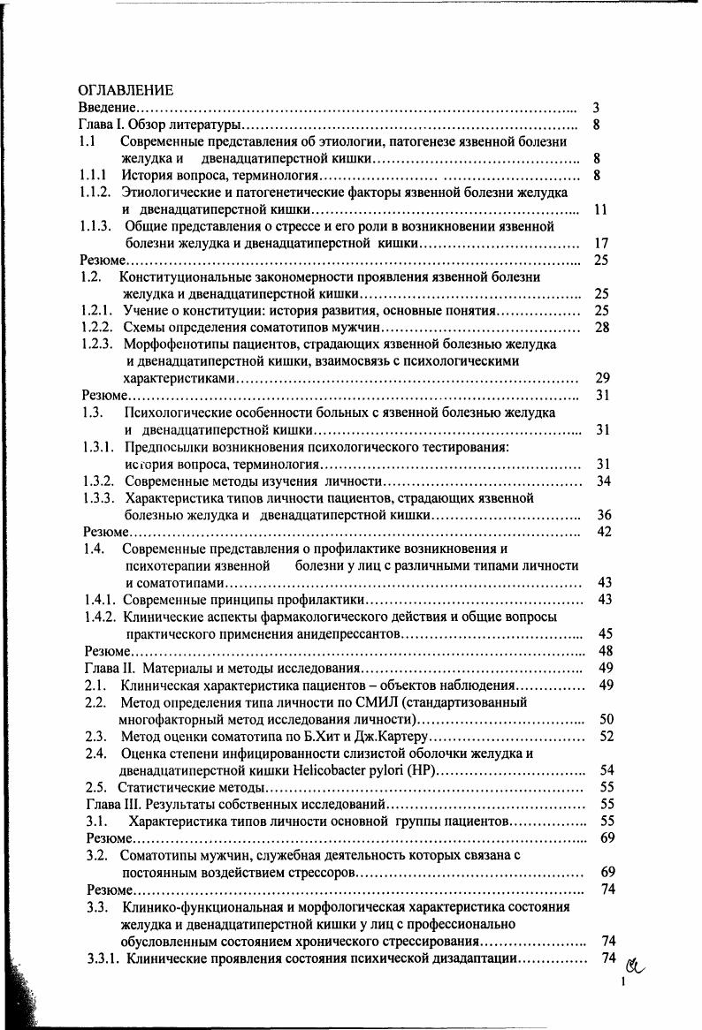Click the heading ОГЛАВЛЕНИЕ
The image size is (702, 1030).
pos(126,90)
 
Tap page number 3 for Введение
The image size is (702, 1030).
pos(597,108)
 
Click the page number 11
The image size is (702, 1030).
pos(600,209)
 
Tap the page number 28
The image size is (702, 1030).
pos(602,328)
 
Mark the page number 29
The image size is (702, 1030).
pos(602,378)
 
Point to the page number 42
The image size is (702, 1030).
pos(605,531)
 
